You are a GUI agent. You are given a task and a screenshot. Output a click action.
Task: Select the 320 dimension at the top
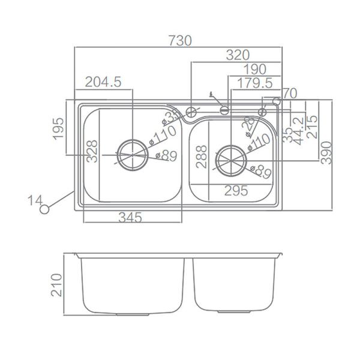(238, 55)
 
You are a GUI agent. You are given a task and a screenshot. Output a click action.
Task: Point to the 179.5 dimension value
(255, 82)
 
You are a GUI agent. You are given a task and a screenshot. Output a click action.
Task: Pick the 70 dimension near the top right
(289, 94)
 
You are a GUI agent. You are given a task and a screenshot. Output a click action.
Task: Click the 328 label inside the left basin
(91, 152)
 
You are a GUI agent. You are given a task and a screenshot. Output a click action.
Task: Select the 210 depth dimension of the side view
(58, 286)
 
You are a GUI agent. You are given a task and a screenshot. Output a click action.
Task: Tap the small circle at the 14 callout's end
(43, 209)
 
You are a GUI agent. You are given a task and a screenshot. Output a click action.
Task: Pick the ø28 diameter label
(248, 127)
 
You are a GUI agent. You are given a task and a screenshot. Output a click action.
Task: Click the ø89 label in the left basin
(166, 157)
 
